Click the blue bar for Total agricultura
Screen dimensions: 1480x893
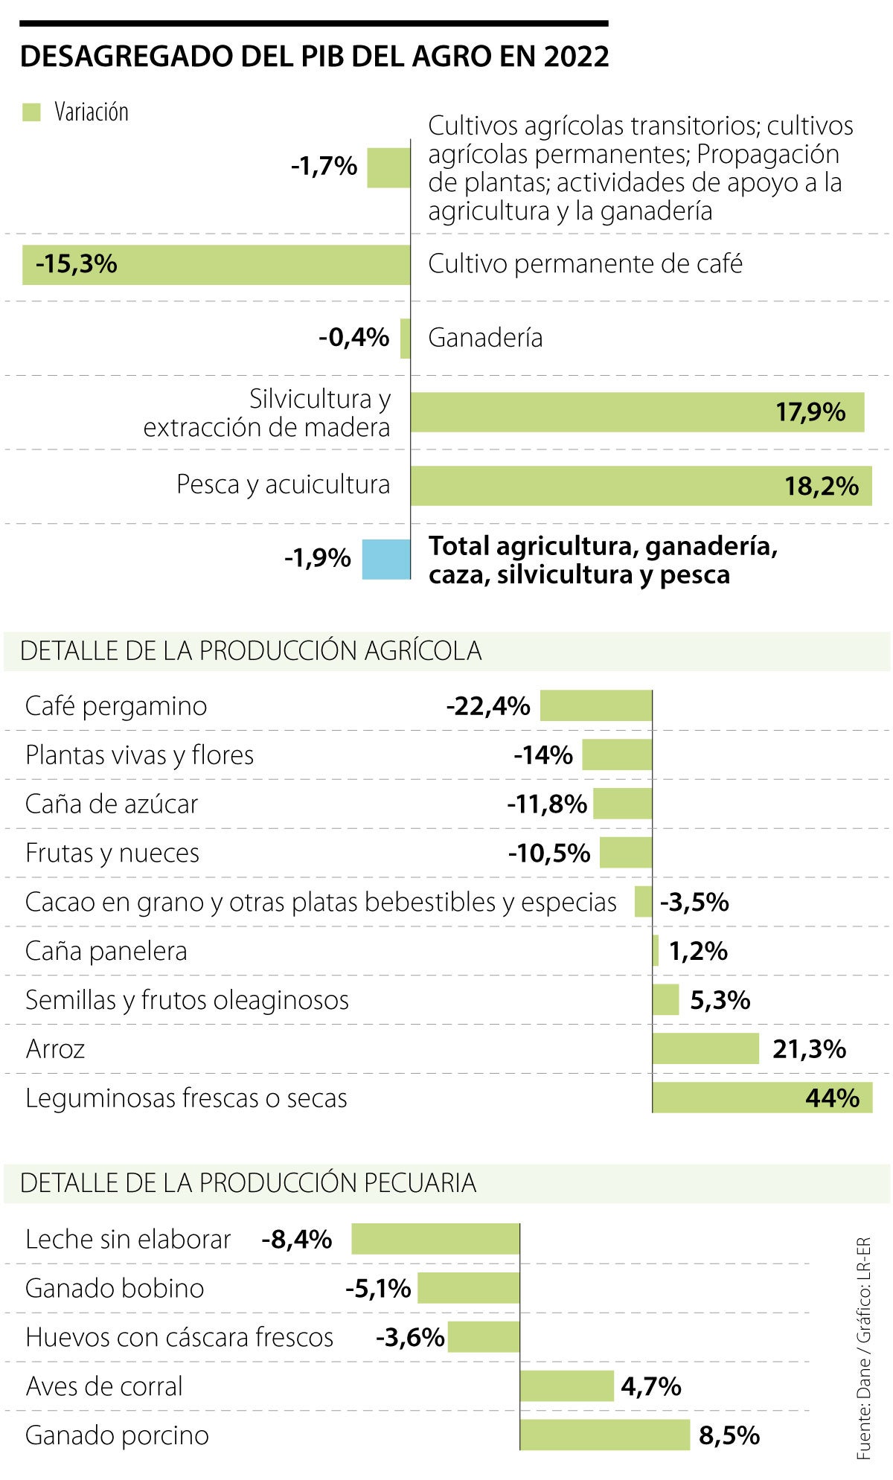click(386, 559)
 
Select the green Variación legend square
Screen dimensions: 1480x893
click(31, 112)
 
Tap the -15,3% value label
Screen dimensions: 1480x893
click(77, 264)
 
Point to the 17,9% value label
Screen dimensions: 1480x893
click(810, 411)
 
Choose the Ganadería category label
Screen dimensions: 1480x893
click(485, 338)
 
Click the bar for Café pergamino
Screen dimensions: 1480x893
click(596, 705)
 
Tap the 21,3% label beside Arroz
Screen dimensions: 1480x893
click(809, 1049)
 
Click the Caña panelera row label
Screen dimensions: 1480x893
click(106, 951)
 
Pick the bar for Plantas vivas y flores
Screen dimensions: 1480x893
click(617, 755)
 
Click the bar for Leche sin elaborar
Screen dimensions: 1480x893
click(435, 1239)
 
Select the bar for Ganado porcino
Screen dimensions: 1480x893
click(605, 1435)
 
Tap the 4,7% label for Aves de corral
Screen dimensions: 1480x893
click(651, 1386)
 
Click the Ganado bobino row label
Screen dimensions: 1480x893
click(115, 1288)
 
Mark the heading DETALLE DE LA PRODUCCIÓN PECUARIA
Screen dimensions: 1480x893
click(248, 1183)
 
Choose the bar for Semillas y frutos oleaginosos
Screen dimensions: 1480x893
click(666, 999)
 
